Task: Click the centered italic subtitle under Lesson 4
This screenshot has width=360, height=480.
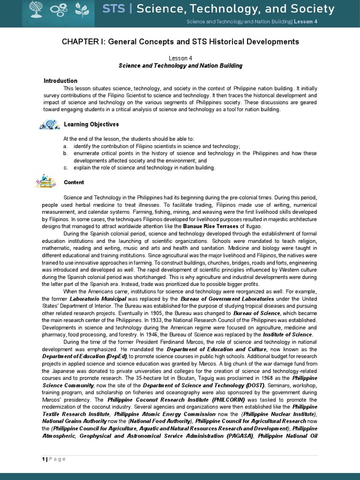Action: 180,66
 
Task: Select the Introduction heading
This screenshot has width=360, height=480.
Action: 60,81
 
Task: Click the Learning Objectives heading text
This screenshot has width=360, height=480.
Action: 91,124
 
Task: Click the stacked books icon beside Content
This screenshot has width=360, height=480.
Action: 45,181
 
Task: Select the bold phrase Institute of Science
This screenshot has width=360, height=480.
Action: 287,335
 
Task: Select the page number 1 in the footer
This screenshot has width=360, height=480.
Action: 43,459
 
